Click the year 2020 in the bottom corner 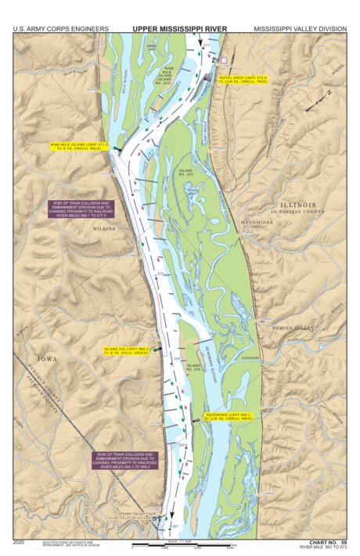(20, 541)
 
